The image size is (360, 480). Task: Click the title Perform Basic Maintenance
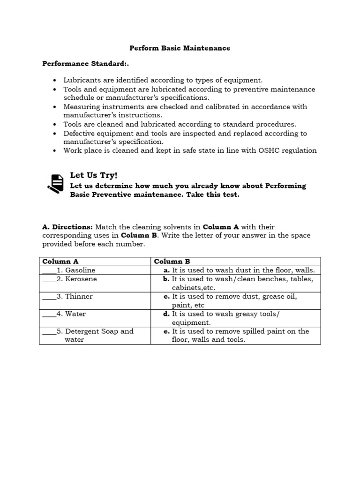[180, 48]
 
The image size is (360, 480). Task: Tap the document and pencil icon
[55, 183]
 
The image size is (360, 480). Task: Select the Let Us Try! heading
[93, 175]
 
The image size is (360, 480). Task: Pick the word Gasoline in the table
[80, 270]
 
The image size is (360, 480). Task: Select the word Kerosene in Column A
[81, 279]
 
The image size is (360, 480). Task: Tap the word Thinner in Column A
[79, 297]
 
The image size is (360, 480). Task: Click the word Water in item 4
[75, 314]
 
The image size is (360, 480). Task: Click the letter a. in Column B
[166, 270]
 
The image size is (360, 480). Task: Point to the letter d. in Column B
[166, 314]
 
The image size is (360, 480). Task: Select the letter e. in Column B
[166, 331]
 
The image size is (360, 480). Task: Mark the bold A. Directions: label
[66, 227]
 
